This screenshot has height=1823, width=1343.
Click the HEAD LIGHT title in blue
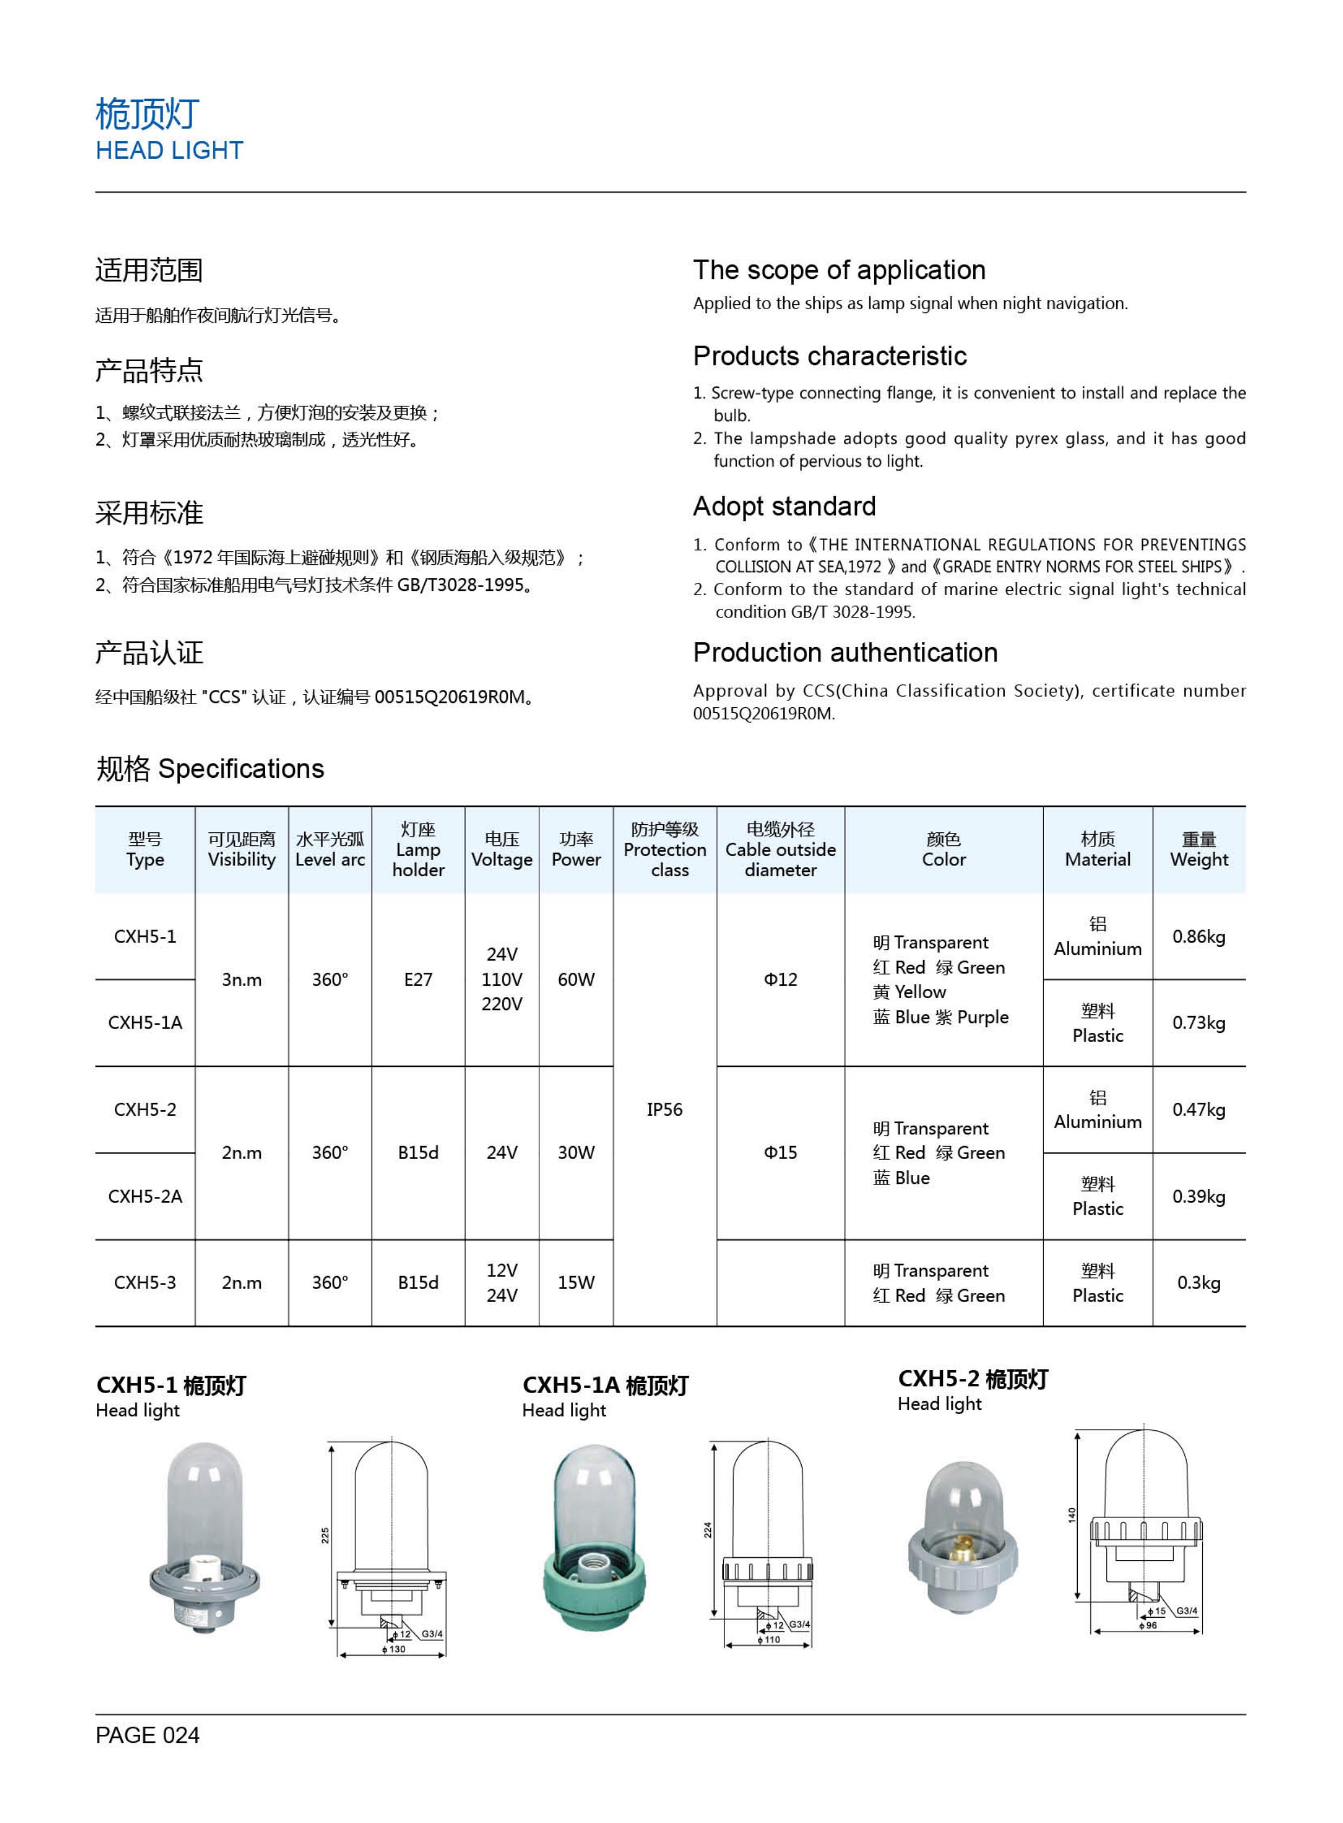[169, 151]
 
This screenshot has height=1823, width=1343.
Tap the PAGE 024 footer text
[147, 1735]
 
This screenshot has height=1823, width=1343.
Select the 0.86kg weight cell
[1198, 936]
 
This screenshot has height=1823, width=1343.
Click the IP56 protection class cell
[664, 1110]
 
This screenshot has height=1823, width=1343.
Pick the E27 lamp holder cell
[418, 979]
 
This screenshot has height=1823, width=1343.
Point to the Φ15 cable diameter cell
[781, 1153]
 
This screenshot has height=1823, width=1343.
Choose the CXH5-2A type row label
[145, 1196]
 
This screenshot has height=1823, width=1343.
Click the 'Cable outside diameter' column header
[781, 849]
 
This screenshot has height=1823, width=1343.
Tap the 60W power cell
[575, 979]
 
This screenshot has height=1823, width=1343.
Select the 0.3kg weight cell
[1198, 1283]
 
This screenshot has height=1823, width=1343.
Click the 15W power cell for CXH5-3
[575, 1283]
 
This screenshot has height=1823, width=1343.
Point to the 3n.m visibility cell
[241, 979]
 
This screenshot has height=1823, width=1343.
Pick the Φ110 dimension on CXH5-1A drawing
[769, 1640]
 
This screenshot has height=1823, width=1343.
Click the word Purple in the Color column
[983, 1018]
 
